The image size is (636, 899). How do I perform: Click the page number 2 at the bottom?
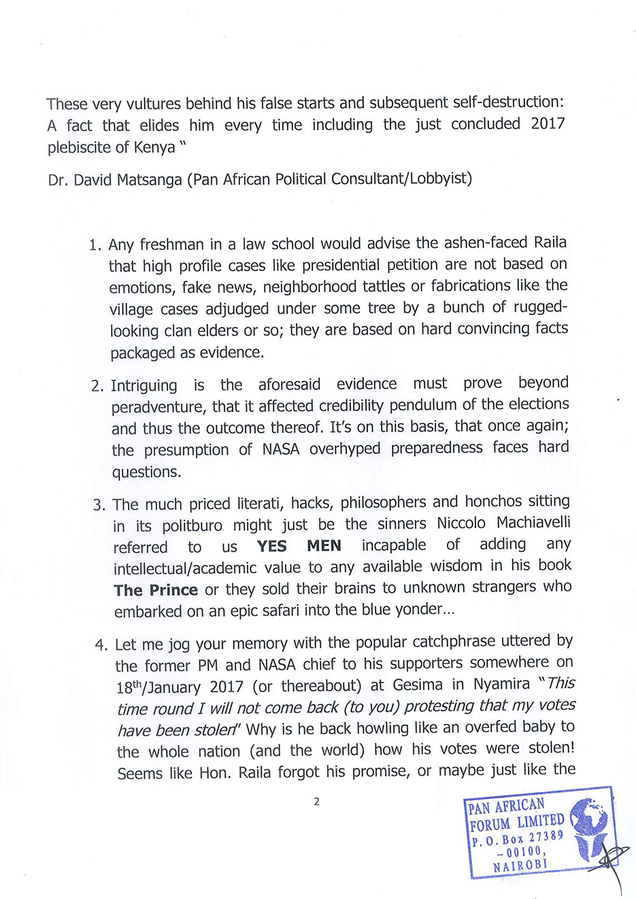tap(316, 802)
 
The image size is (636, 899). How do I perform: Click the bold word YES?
tap(272, 546)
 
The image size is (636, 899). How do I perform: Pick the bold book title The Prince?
tap(156, 590)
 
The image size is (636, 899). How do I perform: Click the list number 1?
tap(95, 245)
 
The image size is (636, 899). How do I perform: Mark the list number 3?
tap(99, 505)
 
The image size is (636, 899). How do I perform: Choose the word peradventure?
tap(158, 408)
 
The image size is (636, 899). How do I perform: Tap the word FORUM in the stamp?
tap(490, 825)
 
